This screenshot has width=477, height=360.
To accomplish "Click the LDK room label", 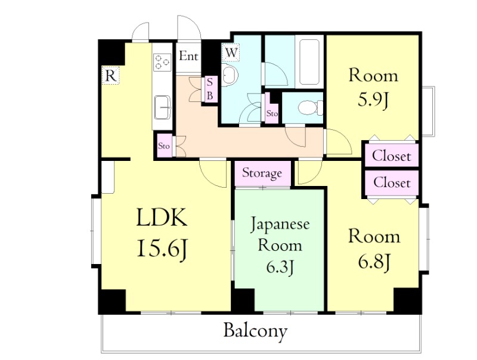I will [162, 219].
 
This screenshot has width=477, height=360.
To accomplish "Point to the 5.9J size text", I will [373, 100].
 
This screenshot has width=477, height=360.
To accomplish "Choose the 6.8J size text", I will [373, 261].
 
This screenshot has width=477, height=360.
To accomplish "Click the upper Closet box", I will [391, 156].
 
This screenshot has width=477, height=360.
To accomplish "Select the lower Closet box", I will [391, 182].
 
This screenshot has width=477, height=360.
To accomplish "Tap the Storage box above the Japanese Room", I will [262, 173].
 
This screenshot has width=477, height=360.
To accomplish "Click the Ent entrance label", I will [188, 57].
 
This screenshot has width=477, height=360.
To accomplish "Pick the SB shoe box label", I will [210, 89].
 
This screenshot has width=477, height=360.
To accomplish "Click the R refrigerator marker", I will [110, 75].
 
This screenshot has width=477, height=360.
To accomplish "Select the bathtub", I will [310, 63].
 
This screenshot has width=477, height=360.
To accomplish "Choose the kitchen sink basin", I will [162, 108].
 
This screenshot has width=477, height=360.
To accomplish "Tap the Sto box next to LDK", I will [164, 145].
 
